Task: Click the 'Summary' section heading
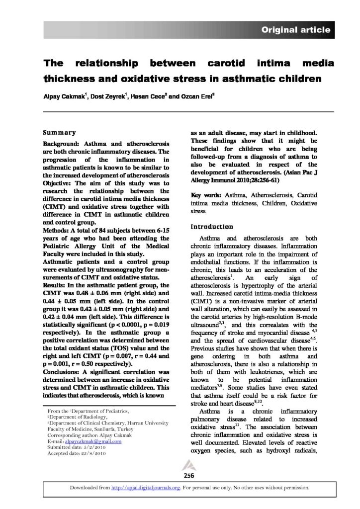click(59, 133)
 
